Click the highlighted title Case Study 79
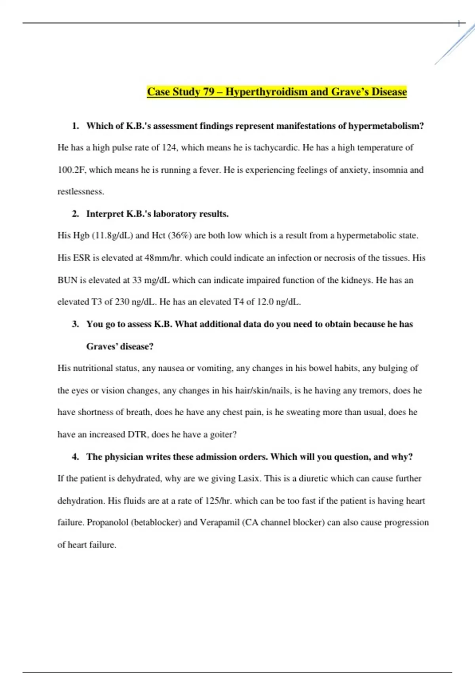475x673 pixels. click(277, 92)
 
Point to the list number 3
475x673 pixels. click(75, 324)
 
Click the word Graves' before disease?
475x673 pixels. click(102, 346)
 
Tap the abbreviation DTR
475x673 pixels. click(137, 435)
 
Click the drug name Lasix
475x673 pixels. click(249, 479)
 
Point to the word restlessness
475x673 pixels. click(80, 192)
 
